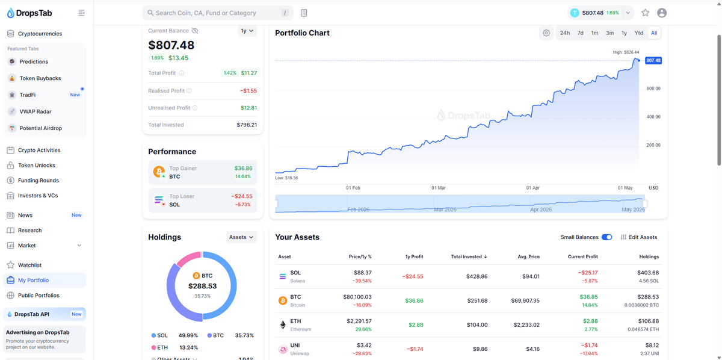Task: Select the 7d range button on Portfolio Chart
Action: click(x=580, y=33)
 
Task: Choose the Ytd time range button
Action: click(x=638, y=33)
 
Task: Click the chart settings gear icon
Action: click(x=546, y=33)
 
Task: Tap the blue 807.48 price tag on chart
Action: click(x=653, y=60)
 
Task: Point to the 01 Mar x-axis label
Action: click(x=439, y=188)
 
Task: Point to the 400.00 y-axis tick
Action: click(x=653, y=117)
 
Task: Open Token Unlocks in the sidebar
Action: click(x=37, y=165)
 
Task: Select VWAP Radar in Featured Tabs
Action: click(x=35, y=111)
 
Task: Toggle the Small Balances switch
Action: click(x=606, y=237)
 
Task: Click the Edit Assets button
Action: click(x=638, y=237)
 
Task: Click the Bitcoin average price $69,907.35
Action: click(x=525, y=300)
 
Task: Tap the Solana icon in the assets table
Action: click(x=283, y=276)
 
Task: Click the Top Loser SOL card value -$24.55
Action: click(x=242, y=196)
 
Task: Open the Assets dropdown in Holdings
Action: click(x=241, y=237)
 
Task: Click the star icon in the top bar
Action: click(x=645, y=13)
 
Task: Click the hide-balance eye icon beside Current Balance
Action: click(x=195, y=31)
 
